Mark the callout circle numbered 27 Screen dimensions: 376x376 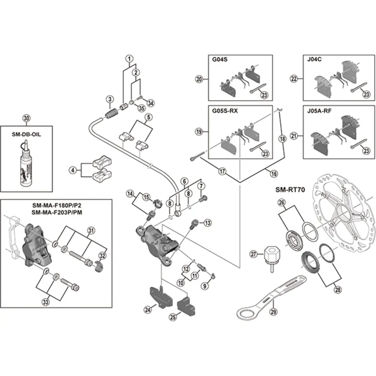[254, 254]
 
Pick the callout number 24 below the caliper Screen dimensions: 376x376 [149, 309]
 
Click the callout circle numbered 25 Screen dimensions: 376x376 [173, 317]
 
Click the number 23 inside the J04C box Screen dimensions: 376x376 [366, 95]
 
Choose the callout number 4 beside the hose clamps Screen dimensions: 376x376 [72, 170]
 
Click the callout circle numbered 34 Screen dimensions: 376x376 [150, 103]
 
